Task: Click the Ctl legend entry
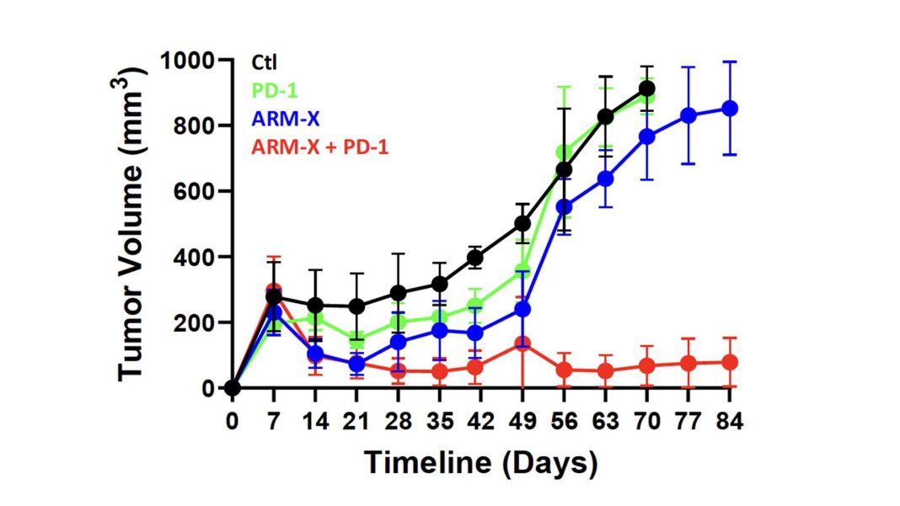pos(265,61)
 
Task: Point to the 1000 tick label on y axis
pos(185,61)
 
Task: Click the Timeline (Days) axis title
pos(480,461)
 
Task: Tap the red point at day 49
pos(522,344)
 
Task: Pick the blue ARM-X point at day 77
pos(688,116)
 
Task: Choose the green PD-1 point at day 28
pos(398,322)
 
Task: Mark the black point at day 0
pos(232,388)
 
